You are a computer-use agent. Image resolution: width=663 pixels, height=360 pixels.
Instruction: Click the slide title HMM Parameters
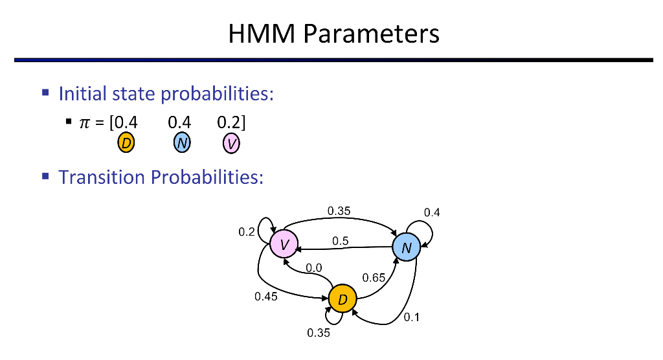tap(333, 34)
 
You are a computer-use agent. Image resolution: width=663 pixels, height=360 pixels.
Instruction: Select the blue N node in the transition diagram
tap(406, 248)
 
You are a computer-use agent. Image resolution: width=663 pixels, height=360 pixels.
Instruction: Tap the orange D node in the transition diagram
tap(343, 298)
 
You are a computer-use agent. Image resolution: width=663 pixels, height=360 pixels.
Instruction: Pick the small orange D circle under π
tap(126, 143)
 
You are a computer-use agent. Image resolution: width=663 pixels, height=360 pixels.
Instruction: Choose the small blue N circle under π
tap(181, 143)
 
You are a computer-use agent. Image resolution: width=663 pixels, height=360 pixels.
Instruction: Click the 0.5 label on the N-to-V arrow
tap(341, 241)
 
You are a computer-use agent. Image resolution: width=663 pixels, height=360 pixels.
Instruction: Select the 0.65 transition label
tap(374, 278)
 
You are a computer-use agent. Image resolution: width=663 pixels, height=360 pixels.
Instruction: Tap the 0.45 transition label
tap(266, 297)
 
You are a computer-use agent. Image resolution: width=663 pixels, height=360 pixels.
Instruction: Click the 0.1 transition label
tap(412, 317)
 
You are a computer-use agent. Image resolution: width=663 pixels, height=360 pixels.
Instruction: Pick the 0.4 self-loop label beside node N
tap(432, 212)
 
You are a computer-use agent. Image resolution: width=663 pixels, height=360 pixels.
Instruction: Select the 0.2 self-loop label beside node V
tap(247, 232)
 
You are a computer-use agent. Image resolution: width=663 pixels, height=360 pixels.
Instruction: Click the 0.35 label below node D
tap(319, 333)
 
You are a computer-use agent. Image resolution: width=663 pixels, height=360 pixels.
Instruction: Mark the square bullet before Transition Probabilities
tap(46, 175)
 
